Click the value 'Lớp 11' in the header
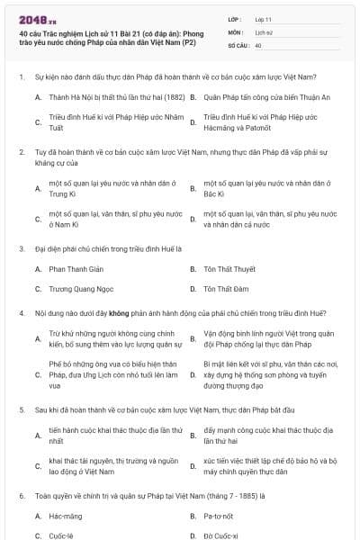pos(264,18)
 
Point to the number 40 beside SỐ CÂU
pos(258,44)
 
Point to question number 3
pos(21,247)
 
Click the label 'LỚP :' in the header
pos(235,18)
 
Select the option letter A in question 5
pos(39,436)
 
